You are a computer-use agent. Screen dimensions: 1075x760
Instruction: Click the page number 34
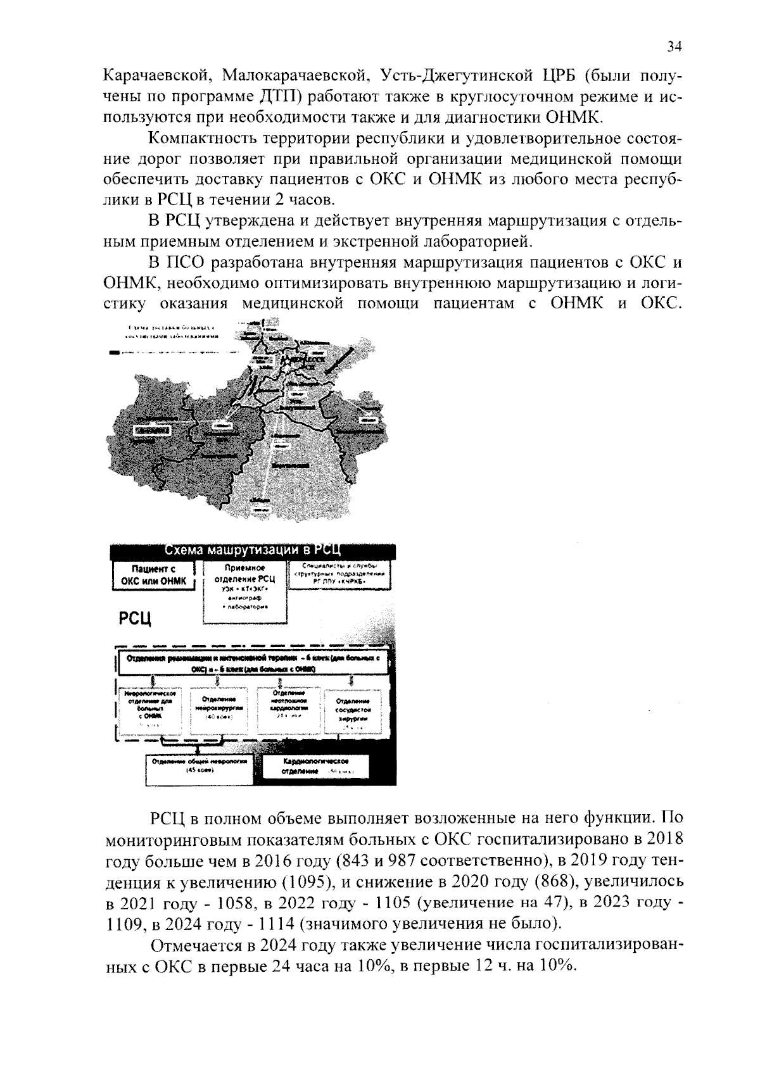pos(673,46)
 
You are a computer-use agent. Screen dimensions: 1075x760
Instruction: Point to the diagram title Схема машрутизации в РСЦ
pos(253,550)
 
